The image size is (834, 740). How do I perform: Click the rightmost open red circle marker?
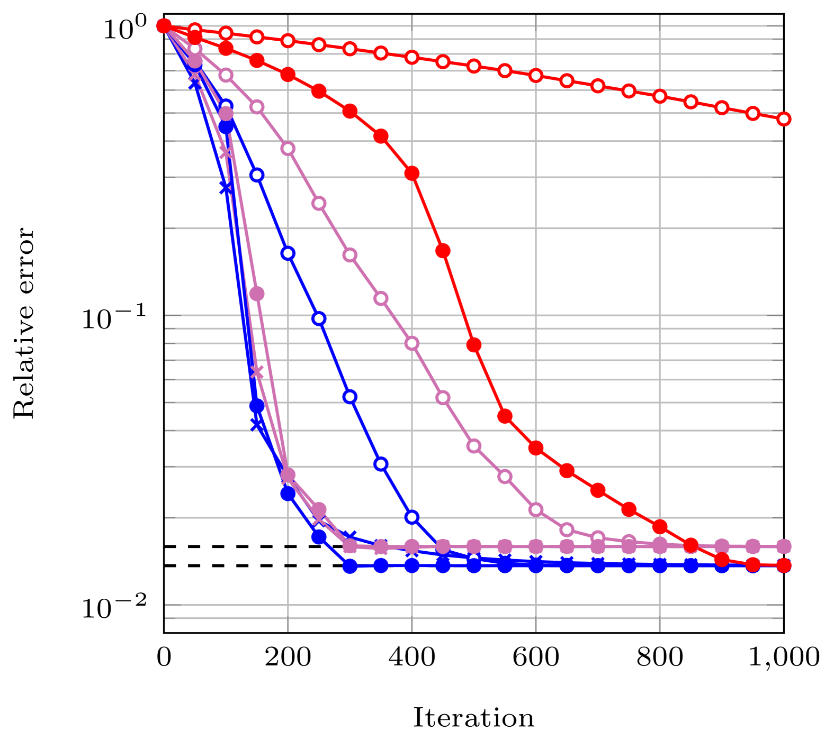click(x=784, y=118)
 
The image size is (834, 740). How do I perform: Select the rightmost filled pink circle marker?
click(x=784, y=546)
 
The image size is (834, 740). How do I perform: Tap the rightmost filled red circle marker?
click(x=784, y=565)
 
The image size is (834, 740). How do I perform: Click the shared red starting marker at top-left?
click(x=164, y=25)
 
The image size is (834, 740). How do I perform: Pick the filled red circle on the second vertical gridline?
click(x=412, y=173)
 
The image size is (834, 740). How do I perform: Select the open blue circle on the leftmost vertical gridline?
click(x=288, y=253)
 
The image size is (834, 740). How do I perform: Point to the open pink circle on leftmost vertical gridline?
click(x=288, y=148)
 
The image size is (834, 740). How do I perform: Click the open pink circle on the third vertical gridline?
click(x=536, y=509)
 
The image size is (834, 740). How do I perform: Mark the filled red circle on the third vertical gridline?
click(x=536, y=447)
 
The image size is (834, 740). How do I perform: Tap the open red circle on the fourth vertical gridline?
click(x=660, y=96)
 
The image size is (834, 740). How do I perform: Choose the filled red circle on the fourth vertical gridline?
click(x=660, y=526)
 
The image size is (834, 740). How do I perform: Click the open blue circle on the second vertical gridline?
click(x=412, y=517)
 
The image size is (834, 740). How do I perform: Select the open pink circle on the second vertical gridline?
click(x=412, y=343)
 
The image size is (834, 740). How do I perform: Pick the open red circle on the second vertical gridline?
click(x=412, y=57)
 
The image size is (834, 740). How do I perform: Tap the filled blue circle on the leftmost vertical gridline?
click(x=288, y=494)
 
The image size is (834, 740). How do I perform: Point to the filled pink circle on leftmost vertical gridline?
click(x=288, y=475)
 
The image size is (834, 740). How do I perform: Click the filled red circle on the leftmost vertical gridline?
click(x=288, y=74)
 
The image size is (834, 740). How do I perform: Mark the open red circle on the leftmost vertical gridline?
click(x=288, y=40)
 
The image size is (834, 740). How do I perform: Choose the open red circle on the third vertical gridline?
click(x=536, y=75)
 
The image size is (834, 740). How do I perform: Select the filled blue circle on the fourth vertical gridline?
click(x=660, y=565)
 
